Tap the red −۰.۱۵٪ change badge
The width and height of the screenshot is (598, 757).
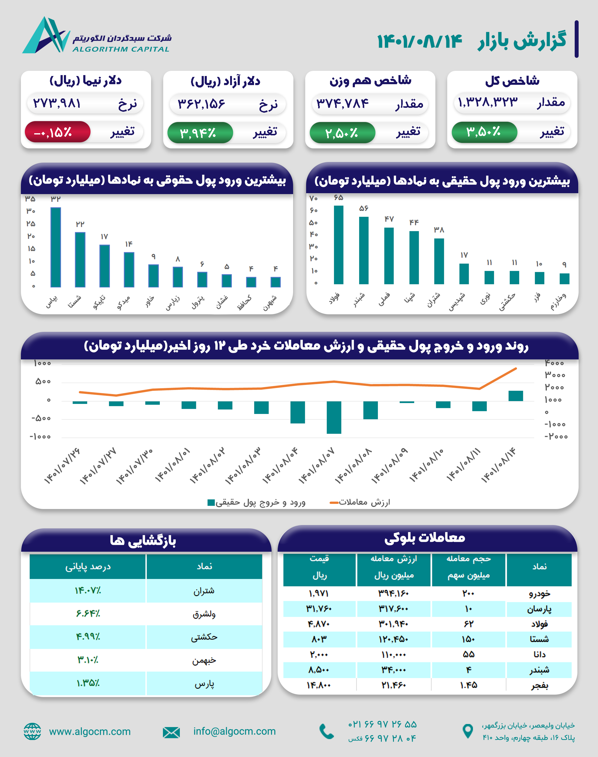pos(58,132)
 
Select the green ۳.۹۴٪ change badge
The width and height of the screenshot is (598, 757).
pos(200,133)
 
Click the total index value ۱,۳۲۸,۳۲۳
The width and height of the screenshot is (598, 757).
pos(488,103)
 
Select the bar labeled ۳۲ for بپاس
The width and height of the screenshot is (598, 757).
pos(56,247)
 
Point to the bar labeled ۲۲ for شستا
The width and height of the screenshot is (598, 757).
pos(80,259)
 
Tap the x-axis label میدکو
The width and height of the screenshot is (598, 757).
pos(124,302)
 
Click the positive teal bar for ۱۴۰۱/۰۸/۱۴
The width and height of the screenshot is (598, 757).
pos(515,396)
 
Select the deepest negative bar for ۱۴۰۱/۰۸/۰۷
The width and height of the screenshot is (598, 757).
pos(334,417)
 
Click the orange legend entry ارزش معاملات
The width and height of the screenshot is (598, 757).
pos(361,502)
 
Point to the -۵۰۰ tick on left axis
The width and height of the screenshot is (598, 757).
pos(41,418)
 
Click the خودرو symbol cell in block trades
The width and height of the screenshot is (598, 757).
pos(539,594)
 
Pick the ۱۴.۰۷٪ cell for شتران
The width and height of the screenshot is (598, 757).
pos(88,591)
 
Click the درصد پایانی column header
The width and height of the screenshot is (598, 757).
pos(88,567)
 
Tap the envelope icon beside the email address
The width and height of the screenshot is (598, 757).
pos(171,732)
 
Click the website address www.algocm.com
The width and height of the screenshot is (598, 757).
pos(90,732)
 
